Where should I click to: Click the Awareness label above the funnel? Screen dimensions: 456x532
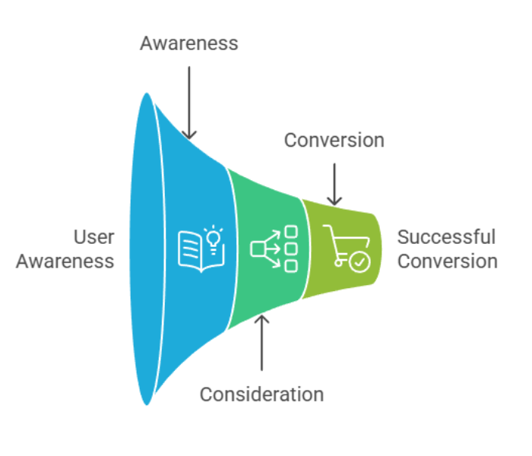click(x=188, y=43)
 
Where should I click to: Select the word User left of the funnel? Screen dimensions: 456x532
click(x=93, y=237)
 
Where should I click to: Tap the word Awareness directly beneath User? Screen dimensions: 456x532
click(x=65, y=261)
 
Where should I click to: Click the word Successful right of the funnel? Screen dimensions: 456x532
click(x=446, y=237)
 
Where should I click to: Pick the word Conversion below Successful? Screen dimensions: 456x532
click(x=448, y=261)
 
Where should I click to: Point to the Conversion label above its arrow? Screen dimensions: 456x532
click(x=334, y=141)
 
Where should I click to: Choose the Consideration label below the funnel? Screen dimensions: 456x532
click(x=261, y=394)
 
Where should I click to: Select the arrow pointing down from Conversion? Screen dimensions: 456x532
click(x=334, y=183)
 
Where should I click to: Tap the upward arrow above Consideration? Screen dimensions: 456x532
click(x=261, y=342)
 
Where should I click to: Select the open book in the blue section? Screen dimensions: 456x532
click(x=196, y=251)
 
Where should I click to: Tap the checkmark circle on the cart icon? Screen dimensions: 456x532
click(x=359, y=262)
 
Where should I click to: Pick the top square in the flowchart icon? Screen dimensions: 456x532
click(x=290, y=232)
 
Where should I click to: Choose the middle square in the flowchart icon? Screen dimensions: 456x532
click(x=290, y=249)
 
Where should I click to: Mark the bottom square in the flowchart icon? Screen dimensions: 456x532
click(x=290, y=265)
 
